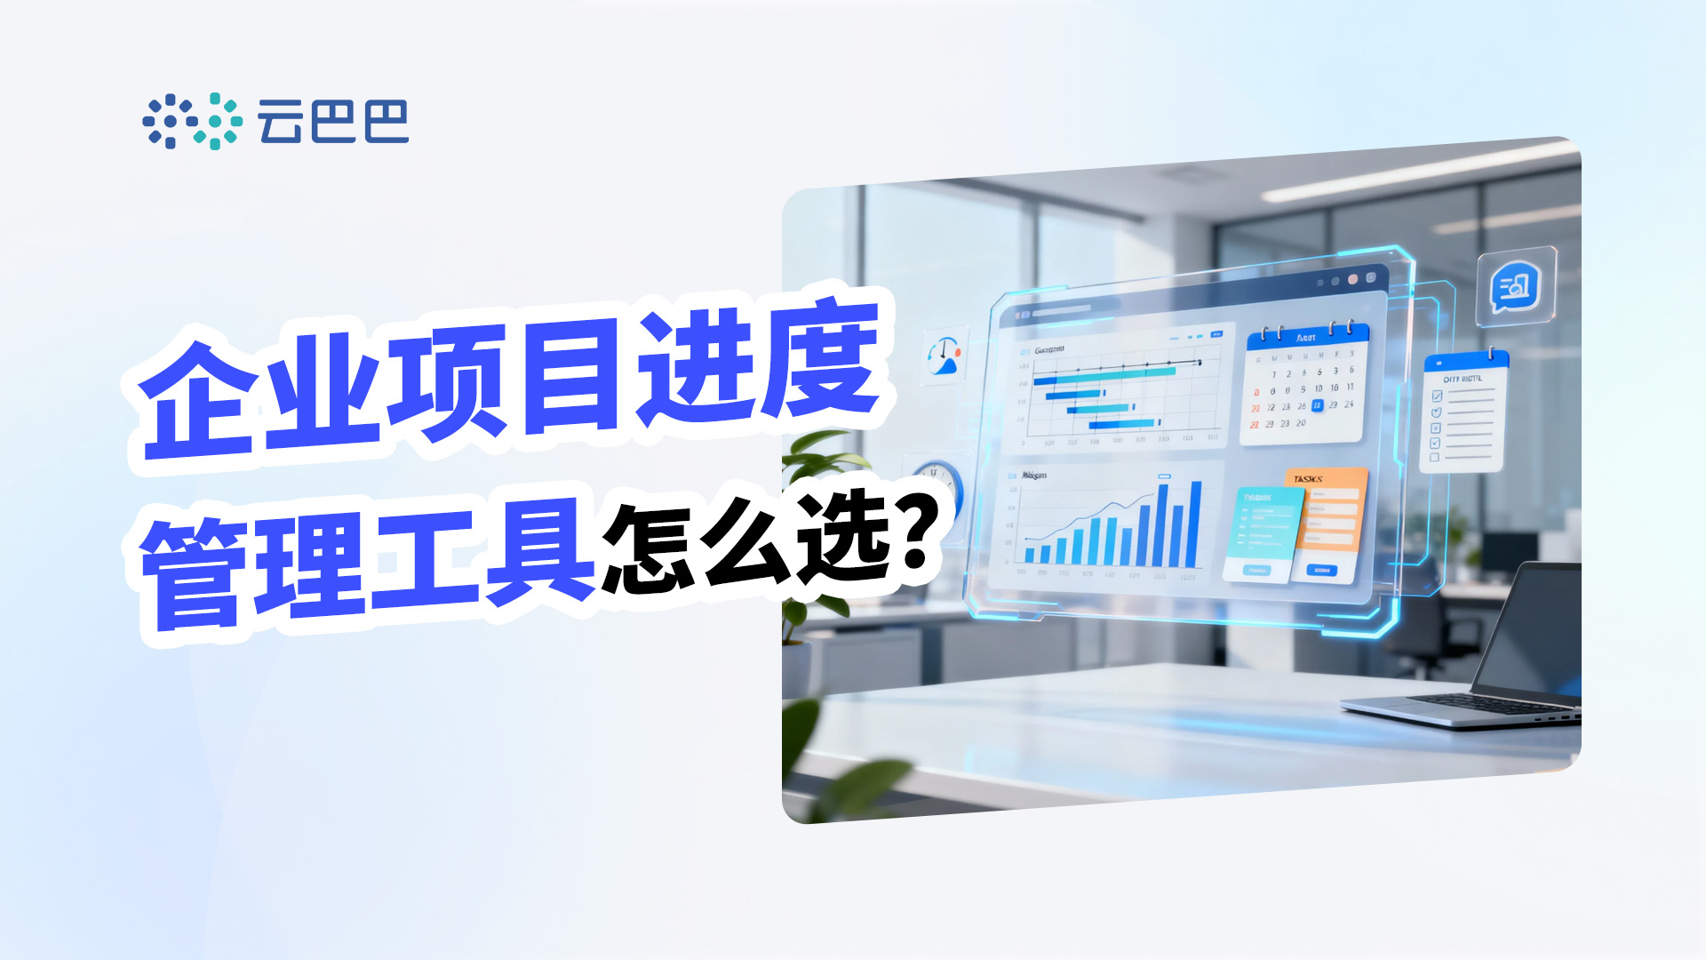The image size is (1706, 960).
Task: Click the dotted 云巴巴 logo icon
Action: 192,121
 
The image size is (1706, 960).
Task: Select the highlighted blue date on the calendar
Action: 1317,405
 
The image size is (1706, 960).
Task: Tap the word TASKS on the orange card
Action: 1308,479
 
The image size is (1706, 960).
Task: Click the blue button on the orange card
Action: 1322,570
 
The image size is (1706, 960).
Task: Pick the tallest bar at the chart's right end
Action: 1195,524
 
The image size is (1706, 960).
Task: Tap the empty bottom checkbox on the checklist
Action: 1434,458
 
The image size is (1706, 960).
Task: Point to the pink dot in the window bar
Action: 1353,279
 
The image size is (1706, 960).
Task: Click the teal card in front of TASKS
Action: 1262,533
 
